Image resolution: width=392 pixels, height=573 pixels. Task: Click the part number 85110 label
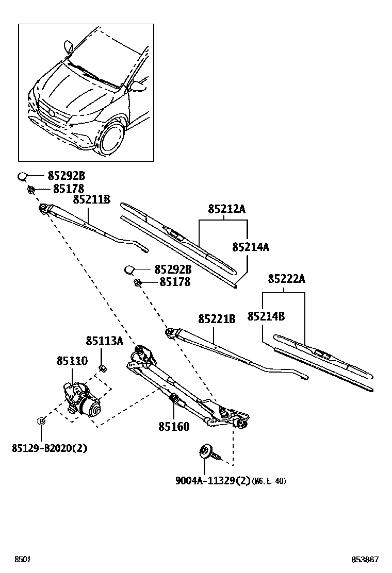click(x=72, y=361)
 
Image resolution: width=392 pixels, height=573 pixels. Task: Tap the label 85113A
click(x=104, y=341)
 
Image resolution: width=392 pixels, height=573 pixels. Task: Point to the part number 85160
click(x=174, y=427)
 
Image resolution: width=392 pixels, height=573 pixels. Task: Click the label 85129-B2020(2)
click(x=50, y=448)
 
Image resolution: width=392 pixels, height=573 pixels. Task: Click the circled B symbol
click(x=42, y=421)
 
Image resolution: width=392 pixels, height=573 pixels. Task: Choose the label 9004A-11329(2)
click(x=213, y=481)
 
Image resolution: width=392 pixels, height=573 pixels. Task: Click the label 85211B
click(x=91, y=199)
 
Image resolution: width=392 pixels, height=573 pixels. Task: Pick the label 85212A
click(x=226, y=209)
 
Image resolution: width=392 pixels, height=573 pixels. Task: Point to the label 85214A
click(x=251, y=247)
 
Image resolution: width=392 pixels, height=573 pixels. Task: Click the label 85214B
click(x=266, y=316)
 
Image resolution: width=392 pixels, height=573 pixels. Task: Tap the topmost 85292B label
click(x=67, y=176)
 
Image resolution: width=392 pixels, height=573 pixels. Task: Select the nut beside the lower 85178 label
click(x=138, y=282)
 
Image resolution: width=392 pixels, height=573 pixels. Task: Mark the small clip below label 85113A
click(x=102, y=367)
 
